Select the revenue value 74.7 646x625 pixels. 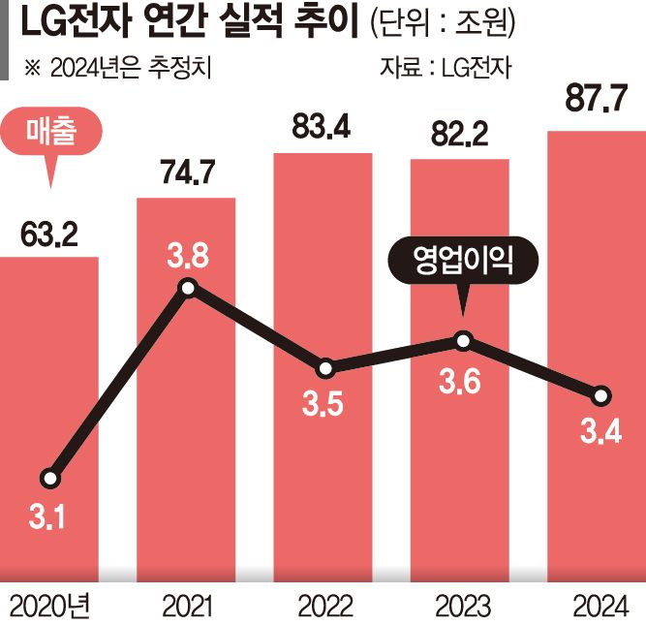point(186,175)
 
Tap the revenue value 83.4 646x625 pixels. point(323,127)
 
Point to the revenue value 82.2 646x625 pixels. point(460,136)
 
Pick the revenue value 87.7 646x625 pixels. point(597,99)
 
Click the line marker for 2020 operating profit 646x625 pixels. point(50,478)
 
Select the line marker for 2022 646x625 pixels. point(325,368)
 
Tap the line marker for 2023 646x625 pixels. point(463,340)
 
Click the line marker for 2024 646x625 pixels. point(600,395)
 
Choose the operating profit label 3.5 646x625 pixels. point(323,405)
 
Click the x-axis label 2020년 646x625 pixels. point(48,607)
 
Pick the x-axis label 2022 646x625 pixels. point(324,607)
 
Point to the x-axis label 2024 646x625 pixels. point(599,607)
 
